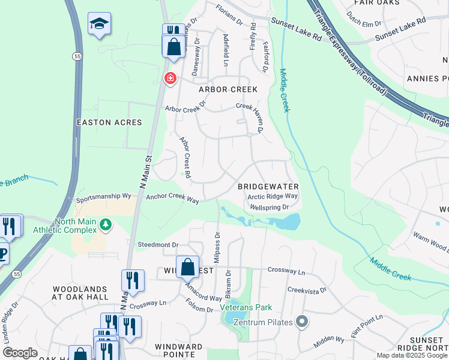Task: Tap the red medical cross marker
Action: coord(170,78)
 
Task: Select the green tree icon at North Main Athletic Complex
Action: coord(106,224)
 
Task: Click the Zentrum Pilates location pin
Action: coord(303,323)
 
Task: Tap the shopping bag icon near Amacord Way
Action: coord(187,266)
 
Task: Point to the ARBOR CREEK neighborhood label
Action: coord(228,89)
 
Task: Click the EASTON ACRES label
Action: coord(110,122)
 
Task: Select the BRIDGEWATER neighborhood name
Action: coord(268,187)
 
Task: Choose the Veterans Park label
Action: coord(246,307)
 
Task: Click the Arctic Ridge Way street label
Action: coord(273,196)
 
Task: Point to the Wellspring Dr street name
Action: coord(270,207)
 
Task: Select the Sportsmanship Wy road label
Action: coord(103,196)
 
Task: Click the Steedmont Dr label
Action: coord(158,245)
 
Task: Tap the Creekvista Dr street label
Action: coord(306,290)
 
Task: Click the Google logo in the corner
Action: coord(20,353)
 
